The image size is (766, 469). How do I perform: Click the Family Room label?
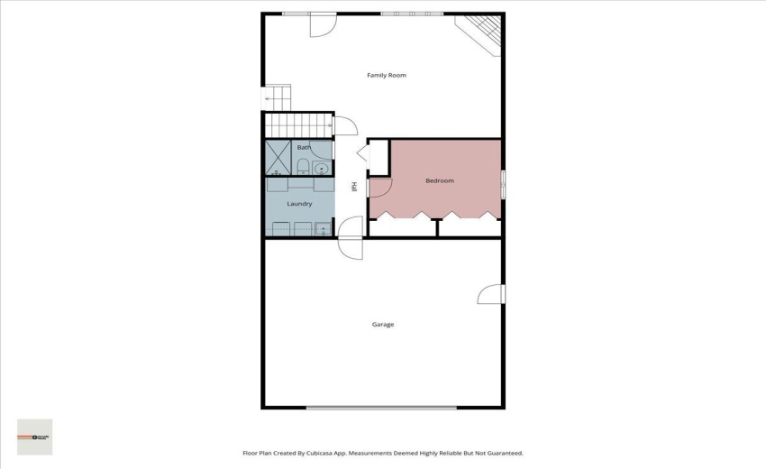386,75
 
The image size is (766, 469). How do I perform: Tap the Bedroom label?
439,180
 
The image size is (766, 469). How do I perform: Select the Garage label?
383,324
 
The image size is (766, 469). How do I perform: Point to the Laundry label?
299,204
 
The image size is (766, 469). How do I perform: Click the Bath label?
304,147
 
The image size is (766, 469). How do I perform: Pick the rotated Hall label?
354,187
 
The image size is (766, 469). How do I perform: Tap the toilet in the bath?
304,166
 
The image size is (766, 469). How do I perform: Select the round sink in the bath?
322,167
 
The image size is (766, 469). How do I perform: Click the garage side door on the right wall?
491,295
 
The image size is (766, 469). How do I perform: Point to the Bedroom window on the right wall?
503,181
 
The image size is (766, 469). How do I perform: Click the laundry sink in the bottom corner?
324,229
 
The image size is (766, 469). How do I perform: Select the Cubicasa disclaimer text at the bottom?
382,453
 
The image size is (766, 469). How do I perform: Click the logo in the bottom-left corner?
35,437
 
